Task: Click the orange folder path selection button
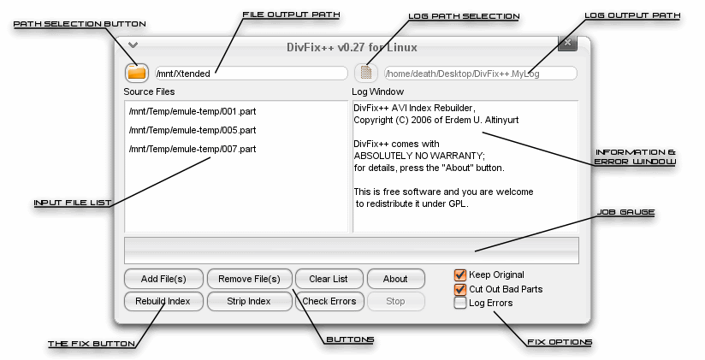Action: click(137, 73)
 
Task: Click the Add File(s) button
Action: click(163, 279)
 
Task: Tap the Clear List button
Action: click(329, 279)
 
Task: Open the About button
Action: click(395, 279)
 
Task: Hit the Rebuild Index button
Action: click(163, 301)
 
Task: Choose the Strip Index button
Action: click(249, 301)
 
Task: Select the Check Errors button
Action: click(329, 301)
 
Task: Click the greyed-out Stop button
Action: click(395, 301)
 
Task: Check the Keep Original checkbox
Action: click(460, 275)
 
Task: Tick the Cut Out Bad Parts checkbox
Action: click(460, 289)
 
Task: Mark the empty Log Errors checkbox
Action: click(460, 303)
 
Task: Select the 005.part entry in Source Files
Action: click(193, 130)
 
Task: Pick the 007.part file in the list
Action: click(193, 149)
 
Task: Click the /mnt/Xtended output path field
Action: click(252, 74)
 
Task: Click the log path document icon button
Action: click(366, 73)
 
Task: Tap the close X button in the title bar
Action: click(567, 43)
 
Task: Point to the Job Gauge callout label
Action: click(625, 212)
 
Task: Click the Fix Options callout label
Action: click(560, 343)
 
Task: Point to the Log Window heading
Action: click(377, 91)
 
